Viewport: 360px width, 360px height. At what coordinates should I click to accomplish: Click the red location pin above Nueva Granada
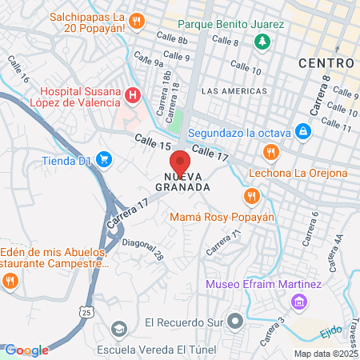point(180,160)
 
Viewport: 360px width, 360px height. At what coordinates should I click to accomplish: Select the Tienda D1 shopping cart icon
point(103,160)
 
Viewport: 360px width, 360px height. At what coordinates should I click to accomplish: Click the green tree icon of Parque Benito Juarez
point(261,41)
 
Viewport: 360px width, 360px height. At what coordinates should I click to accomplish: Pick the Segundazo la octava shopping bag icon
point(302,131)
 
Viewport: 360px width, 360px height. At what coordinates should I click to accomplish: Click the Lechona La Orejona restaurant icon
point(271,151)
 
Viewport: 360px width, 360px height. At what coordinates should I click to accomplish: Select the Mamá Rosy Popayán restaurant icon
point(252,195)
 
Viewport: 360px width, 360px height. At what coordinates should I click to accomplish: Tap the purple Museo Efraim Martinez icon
point(298,302)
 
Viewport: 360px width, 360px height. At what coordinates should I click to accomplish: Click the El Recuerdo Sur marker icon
point(235,322)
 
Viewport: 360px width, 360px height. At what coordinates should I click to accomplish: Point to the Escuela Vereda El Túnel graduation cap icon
point(119,330)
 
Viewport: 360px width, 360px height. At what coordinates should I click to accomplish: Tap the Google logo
point(26,350)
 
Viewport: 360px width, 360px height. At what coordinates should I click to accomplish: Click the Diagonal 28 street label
point(145,250)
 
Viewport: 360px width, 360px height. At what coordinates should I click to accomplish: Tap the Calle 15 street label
point(154,143)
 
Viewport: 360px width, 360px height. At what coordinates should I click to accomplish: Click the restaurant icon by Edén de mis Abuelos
point(10,280)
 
